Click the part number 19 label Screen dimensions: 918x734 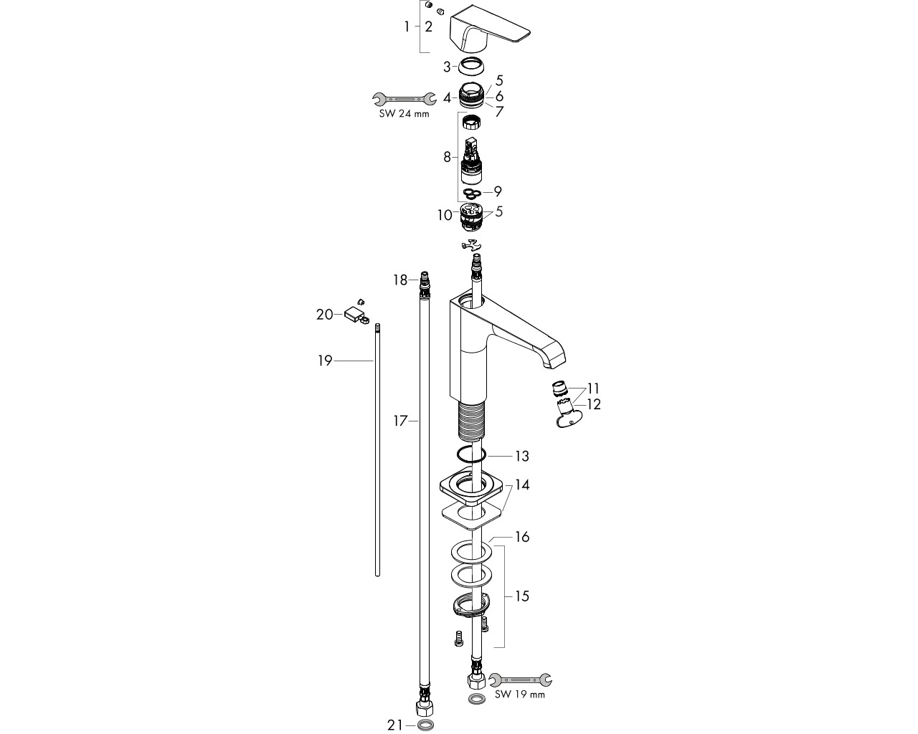[x=325, y=361]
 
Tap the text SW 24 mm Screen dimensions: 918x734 [x=404, y=114]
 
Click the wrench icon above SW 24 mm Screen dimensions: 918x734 [x=404, y=99]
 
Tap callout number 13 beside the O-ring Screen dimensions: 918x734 [x=522, y=457]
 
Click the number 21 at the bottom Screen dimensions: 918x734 [x=395, y=725]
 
